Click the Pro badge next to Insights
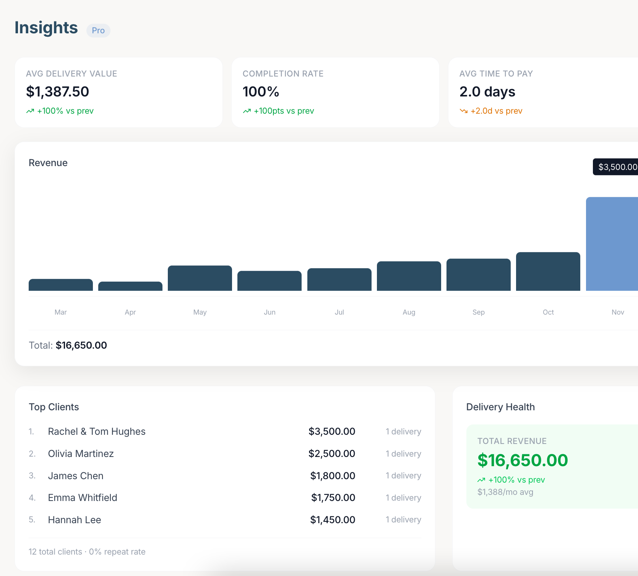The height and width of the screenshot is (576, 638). (98, 31)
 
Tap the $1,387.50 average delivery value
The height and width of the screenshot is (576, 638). (57, 92)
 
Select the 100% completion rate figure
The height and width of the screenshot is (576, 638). (261, 92)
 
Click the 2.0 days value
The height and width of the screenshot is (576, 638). (487, 92)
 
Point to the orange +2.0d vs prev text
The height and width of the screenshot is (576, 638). (496, 111)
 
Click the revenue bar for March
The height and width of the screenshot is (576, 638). (61, 285)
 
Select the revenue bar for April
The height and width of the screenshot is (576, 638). (130, 286)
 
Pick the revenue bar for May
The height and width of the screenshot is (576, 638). (200, 278)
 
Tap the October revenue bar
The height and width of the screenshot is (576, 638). (548, 271)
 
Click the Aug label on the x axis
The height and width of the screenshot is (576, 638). (409, 312)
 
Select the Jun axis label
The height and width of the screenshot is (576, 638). (269, 312)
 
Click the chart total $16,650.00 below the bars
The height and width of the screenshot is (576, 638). (81, 345)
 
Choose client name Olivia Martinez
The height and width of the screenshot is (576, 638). (81, 454)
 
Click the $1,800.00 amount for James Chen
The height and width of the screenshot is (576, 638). (333, 476)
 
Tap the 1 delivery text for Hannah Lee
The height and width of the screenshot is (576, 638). (403, 520)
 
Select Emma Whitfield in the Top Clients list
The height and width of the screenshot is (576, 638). (83, 498)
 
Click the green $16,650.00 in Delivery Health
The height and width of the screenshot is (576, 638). (523, 460)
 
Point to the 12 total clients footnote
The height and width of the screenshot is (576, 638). (55, 552)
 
